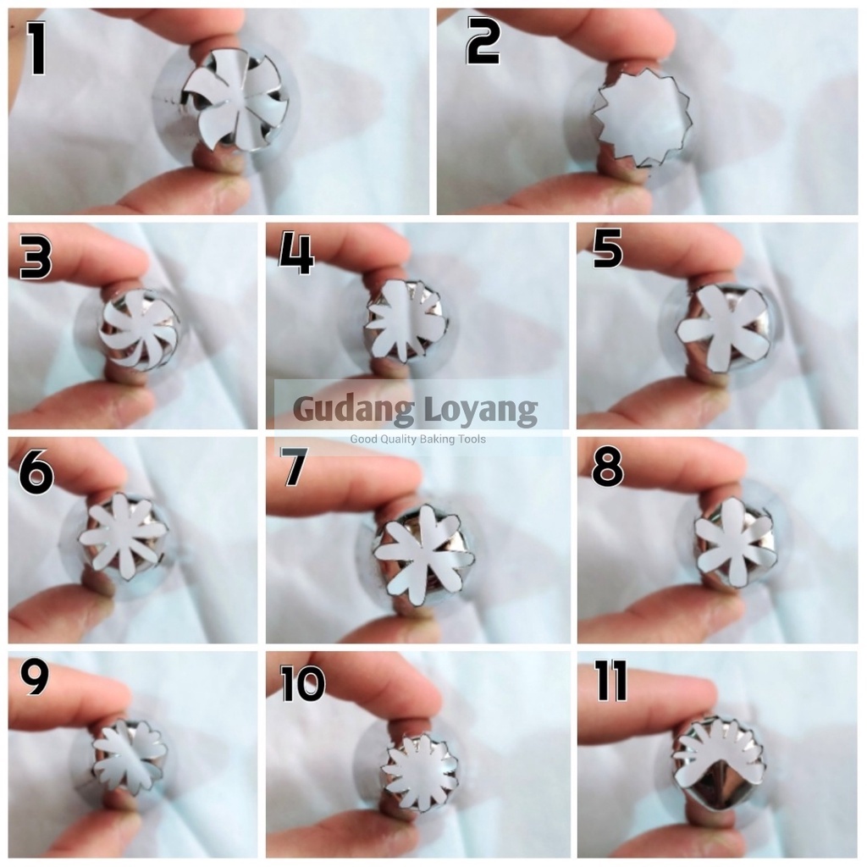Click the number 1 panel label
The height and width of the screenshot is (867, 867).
(36, 48)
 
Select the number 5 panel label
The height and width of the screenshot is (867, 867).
(608, 249)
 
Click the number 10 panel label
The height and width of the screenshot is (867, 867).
(303, 683)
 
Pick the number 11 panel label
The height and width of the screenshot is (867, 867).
(611, 682)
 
